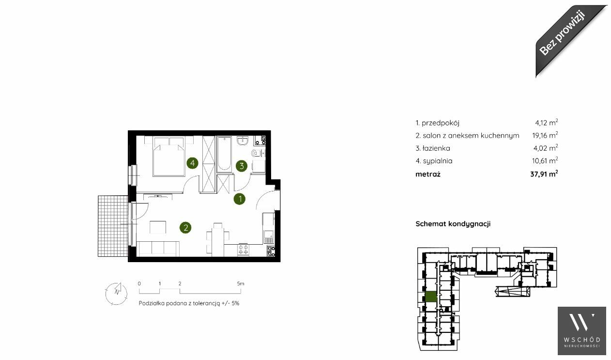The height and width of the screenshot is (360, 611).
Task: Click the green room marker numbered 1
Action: [x=240, y=199]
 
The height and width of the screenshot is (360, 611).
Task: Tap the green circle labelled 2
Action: [x=185, y=228]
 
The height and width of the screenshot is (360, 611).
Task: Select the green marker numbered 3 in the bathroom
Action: [x=242, y=166]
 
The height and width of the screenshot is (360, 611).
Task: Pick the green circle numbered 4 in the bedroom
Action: [x=192, y=163]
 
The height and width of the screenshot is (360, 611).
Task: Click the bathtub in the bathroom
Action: [x=224, y=154]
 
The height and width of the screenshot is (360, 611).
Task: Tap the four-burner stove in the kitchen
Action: [x=243, y=250]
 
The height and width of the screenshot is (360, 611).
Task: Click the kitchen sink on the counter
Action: [x=268, y=236]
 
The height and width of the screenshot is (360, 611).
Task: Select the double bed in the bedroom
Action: [x=168, y=156]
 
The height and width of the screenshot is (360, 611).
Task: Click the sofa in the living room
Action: [x=158, y=249]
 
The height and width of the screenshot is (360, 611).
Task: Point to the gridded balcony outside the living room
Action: [x=113, y=226]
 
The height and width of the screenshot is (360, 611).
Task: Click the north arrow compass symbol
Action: [x=117, y=294]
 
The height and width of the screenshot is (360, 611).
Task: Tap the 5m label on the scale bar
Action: [x=241, y=283]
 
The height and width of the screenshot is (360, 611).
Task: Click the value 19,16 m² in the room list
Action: [x=545, y=135]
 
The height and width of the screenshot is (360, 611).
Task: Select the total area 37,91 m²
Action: [x=544, y=174]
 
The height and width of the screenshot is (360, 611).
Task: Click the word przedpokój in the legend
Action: [x=440, y=123]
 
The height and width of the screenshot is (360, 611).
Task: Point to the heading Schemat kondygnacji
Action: [x=453, y=224]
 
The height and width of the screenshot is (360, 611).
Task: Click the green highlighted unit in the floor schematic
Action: [x=431, y=297]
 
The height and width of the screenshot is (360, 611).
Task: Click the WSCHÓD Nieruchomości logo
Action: [x=582, y=331]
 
